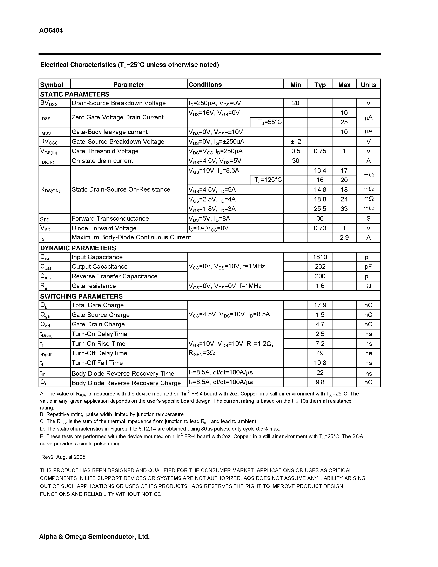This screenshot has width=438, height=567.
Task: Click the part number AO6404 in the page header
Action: pyautogui.click(x=51, y=31)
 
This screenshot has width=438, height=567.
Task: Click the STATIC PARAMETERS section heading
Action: pyautogui.click(x=74, y=94)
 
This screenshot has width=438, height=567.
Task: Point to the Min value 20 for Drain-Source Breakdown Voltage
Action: pyautogui.click(x=296, y=103)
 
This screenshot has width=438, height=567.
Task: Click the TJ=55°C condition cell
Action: pyautogui.click(x=270, y=122)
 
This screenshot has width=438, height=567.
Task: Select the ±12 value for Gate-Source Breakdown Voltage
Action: pyautogui.click(x=296, y=141)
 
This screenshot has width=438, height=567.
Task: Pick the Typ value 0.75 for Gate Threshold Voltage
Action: pyautogui.click(x=320, y=151)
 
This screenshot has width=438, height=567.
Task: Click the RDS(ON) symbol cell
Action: pyautogui.click(x=50, y=190)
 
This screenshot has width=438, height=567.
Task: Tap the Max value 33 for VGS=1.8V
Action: pyautogui.click(x=344, y=209)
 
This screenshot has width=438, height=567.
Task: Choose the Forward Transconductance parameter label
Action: pyautogui.click(x=110, y=219)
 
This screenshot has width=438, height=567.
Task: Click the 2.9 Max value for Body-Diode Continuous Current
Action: pyautogui.click(x=344, y=238)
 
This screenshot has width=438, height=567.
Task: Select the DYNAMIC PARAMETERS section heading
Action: pyautogui.click(x=78, y=248)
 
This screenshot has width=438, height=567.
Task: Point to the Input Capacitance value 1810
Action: pyautogui.click(x=320, y=257)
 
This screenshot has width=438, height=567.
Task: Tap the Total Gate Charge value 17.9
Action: pyautogui.click(x=320, y=305)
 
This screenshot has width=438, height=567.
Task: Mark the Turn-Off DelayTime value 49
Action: pyautogui.click(x=320, y=353)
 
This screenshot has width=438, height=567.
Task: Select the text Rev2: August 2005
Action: pyautogui.click(x=63, y=457)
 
